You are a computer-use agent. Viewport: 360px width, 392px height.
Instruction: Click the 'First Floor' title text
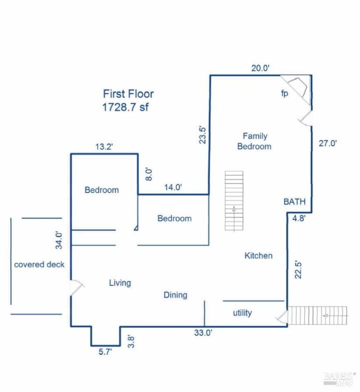coord(128,94)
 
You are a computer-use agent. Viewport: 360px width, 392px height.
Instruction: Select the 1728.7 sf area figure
coord(125,107)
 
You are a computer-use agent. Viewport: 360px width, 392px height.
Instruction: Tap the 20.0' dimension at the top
coord(260,68)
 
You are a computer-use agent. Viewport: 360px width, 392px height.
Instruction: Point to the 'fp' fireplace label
coord(284,93)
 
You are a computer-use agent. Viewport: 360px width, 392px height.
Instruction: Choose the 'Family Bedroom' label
coord(254,141)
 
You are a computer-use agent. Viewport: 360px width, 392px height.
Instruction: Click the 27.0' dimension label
coord(328,143)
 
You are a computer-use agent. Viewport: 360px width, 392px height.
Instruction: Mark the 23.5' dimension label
coord(202,135)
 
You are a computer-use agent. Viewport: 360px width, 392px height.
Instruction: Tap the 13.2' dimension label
coord(104,146)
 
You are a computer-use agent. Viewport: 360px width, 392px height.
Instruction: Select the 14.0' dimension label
coord(173,187)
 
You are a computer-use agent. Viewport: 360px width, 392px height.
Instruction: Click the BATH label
coord(294,201)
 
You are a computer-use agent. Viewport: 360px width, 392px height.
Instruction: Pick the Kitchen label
coord(258,255)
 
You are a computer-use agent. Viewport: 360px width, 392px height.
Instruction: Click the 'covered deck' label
coord(39,264)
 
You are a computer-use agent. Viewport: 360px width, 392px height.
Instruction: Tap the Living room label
coord(120,283)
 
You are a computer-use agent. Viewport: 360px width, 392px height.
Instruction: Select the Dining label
coord(175,295)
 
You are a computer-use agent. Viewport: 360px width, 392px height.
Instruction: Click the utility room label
coord(242,313)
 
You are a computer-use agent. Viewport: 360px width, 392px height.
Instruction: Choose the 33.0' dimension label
coord(203,333)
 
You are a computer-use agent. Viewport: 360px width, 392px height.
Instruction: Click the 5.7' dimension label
coord(105,352)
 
